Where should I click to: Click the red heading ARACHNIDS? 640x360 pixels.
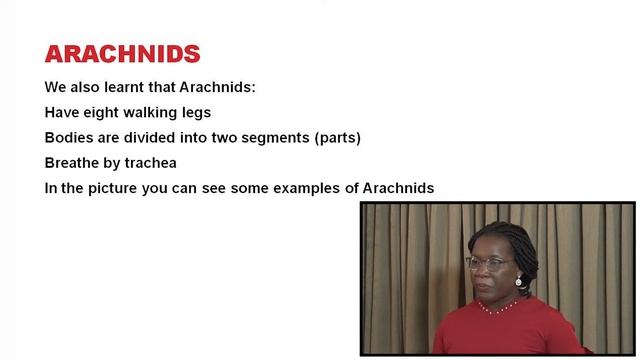click(x=122, y=54)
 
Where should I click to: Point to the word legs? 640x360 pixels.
click(x=197, y=112)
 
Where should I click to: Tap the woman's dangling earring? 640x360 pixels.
click(x=519, y=283)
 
